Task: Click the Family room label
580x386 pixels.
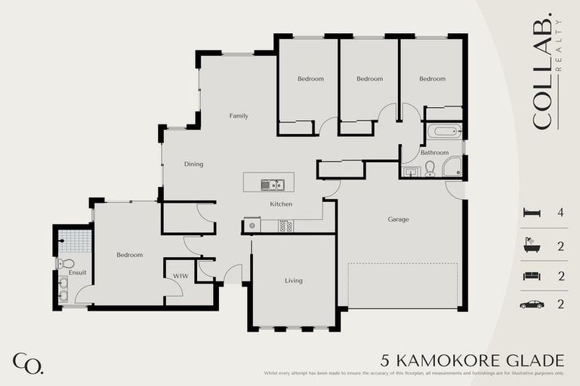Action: [x=239, y=116]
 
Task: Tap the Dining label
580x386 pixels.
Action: [x=194, y=164]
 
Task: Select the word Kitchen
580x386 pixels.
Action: [x=281, y=204]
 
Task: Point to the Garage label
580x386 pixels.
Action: [x=398, y=220]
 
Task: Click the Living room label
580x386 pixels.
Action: [x=293, y=281]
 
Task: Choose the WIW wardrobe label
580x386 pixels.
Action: [x=180, y=277]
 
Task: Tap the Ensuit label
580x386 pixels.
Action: [x=77, y=272]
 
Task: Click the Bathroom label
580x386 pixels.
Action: [x=434, y=153]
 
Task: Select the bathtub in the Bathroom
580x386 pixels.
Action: [x=444, y=132]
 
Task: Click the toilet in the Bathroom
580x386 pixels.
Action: [x=430, y=168]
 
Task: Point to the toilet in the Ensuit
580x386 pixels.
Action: [x=65, y=263]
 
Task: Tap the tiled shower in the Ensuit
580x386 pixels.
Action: [x=75, y=241]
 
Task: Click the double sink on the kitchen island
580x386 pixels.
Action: [x=272, y=185]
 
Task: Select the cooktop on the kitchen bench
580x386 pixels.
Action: [x=285, y=225]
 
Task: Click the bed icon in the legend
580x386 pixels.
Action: [x=532, y=213]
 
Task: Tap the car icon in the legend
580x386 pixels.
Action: [x=532, y=305]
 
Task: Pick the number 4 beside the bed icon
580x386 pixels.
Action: [x=560, y=213]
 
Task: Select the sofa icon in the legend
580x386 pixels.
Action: [x=532, y=276]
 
